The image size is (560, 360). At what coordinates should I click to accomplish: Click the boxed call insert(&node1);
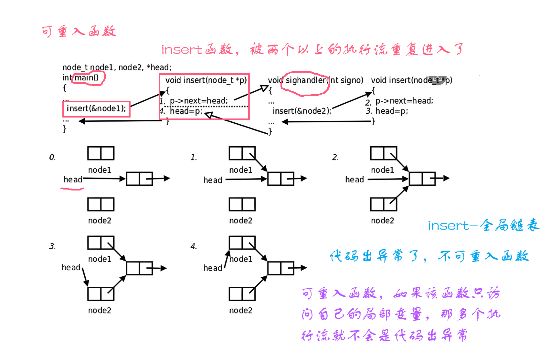pyautogui.click(x=96, y=108)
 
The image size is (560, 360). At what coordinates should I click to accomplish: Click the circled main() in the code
pyautogui.click(x=87, y=78)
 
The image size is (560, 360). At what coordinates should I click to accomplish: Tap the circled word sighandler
pyautogui.click(x=306, y=80)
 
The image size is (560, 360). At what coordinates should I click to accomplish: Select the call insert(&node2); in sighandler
pyautogui.click(x=301, y=111)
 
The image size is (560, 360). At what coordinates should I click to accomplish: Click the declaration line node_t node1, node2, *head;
pyautogui.click(x=117, y=67)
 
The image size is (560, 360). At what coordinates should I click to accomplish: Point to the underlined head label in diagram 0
pyautogui.click(x=73, y=180)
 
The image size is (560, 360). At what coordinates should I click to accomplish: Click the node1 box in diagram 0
pyautogui.click(x=101, y=153)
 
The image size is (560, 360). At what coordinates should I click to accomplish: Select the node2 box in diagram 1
pyautogui.click(x=242, y=204)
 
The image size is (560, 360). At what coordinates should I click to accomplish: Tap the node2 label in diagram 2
pyautogui.click(x=382, y=221)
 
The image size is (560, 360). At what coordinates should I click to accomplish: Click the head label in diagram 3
pyautogui.click(x=71, y=268)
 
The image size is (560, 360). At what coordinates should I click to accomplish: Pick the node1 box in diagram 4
pyautogui.click(x=242, y=242)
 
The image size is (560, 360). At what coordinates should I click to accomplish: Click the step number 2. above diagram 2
pyautogui.click(x=335, y=158)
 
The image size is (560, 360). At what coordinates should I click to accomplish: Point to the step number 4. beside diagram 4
pyautogui.click(x=194, y=247)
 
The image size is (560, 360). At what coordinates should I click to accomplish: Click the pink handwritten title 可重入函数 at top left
pyautogui.click(x=79, y=32)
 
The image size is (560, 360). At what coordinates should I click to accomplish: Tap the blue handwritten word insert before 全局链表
pyautogui.click(x=449, y=226)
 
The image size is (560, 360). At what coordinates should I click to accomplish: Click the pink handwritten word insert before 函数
pyautogui.click(x=182, y=50)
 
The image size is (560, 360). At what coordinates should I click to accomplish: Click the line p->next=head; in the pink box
pyautogui.click(x=198, y=101)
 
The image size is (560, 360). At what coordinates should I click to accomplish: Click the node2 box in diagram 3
pyautogui.click(x=101, y=294)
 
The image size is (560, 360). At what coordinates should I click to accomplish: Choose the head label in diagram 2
pyautogui.click(x=354, y=180)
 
